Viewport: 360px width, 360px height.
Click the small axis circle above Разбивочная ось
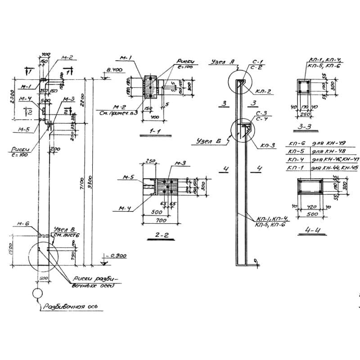click(37, 293)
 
